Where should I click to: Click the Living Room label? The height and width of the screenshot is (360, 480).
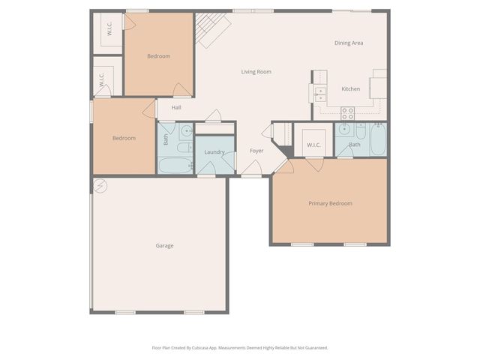pos(256,72)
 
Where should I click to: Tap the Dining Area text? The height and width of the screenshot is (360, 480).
pos(349,43)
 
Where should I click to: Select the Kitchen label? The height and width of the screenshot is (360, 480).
pos(350,89)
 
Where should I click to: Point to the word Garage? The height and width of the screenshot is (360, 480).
pos(164,246)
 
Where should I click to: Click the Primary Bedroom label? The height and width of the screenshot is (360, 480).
pos(330,203)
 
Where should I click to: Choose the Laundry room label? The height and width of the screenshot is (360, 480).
pos(214,152)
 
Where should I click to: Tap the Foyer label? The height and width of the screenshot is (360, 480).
pos(256,151)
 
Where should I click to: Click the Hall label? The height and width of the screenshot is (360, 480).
pos(175,107)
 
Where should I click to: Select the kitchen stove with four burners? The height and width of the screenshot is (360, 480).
pos(348,113)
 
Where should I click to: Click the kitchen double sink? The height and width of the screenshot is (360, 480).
pos(320,94)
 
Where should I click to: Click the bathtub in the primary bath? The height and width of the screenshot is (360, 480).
pos(378,138)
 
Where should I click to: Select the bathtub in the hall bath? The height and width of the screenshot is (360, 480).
pos(175,166)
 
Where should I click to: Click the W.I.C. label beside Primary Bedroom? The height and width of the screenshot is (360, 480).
pos(313,145)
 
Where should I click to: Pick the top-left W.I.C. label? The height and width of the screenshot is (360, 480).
pos(109,29)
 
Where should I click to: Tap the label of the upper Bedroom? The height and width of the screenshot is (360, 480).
pos(158,56)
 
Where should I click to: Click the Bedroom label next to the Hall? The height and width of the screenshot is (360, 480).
pos(124,138)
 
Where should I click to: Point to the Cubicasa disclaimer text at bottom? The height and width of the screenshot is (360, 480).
pos(240,348)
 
